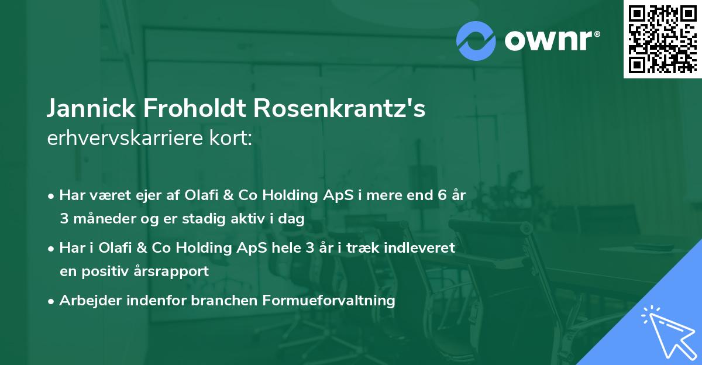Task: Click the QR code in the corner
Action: coord(662,39)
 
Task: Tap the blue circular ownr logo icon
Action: coord(476,41)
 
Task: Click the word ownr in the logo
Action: coord(551,40)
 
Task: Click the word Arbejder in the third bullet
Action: coord(85,301)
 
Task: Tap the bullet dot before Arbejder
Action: coord(52,301)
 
